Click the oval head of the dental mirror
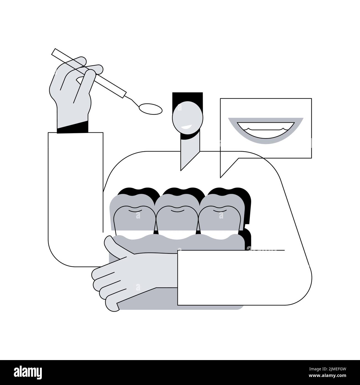click(151, 108)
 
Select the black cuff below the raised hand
click(73, 128)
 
